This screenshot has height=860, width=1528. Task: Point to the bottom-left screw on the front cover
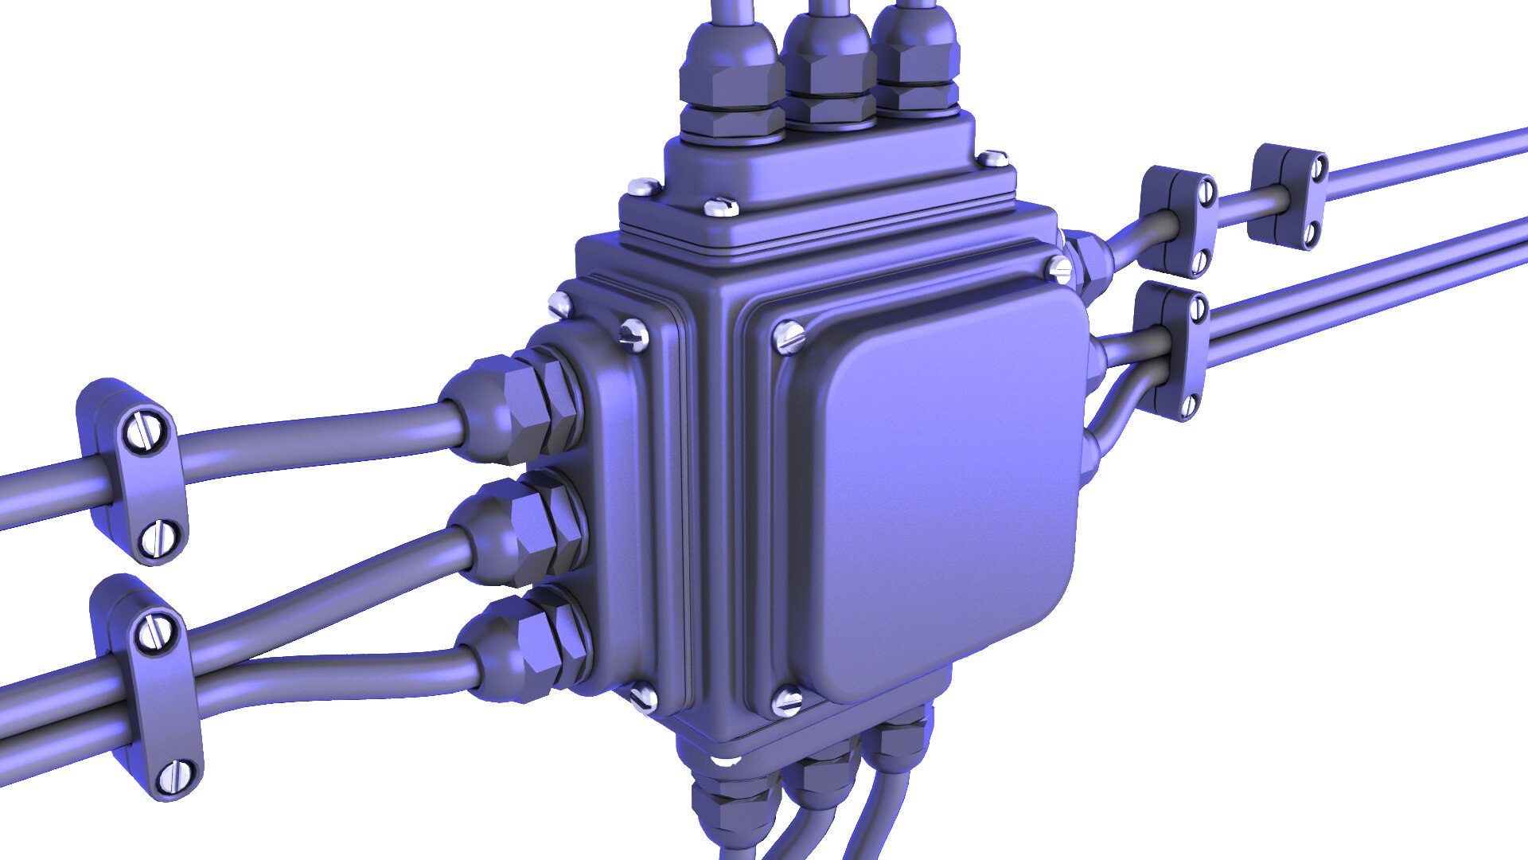click(x=788, y=702)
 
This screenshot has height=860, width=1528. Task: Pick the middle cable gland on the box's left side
click(x=521, y=530)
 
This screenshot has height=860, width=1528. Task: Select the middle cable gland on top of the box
click(x=828, y=68)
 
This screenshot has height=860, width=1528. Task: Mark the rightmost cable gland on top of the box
click(x=915, y=60)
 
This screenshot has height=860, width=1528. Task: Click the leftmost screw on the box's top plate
click(x=643, y=189)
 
